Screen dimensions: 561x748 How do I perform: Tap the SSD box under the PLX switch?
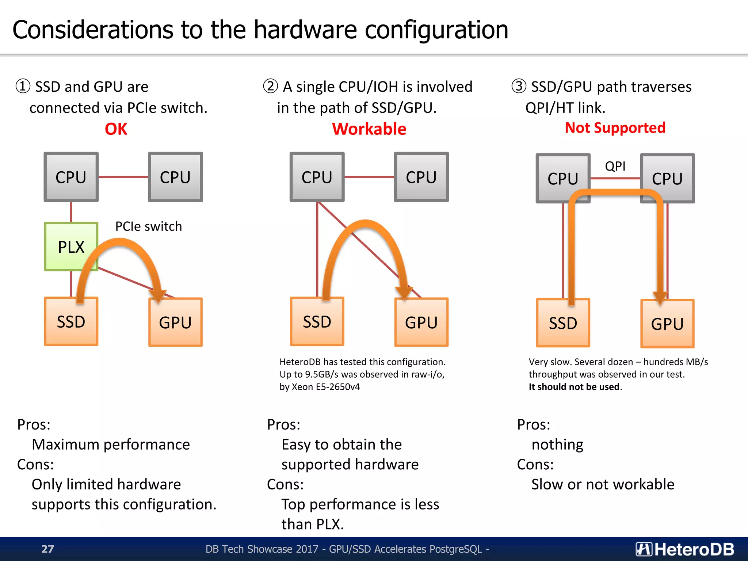(x=71, y=322)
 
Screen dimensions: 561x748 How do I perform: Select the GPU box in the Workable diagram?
(x=421, y=323)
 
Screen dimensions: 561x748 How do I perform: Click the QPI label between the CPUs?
(x=615, y=166)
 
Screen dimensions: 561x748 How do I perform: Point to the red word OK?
(x=116, y=129)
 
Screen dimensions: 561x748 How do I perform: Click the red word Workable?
(x=369, y=129)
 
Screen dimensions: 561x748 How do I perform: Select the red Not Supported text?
(x=615, y=128)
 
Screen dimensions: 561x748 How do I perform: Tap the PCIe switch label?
(x=148, y=226)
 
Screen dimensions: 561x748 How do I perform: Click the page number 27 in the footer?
(x=47, y=549)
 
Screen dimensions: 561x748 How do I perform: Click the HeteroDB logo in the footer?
(x=685, y=549)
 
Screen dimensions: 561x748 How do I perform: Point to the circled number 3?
(x=519, y=87)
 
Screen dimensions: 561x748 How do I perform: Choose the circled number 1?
(x=23, y=87)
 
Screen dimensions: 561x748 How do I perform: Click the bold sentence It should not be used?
(x=575, y=387)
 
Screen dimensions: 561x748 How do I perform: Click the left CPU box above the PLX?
(x=71, y=177)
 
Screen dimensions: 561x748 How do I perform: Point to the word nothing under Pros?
(x=557, y=444)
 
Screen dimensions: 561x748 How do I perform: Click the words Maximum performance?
(x=111, y=444)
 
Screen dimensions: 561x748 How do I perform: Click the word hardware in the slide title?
(x=305, y=30)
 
